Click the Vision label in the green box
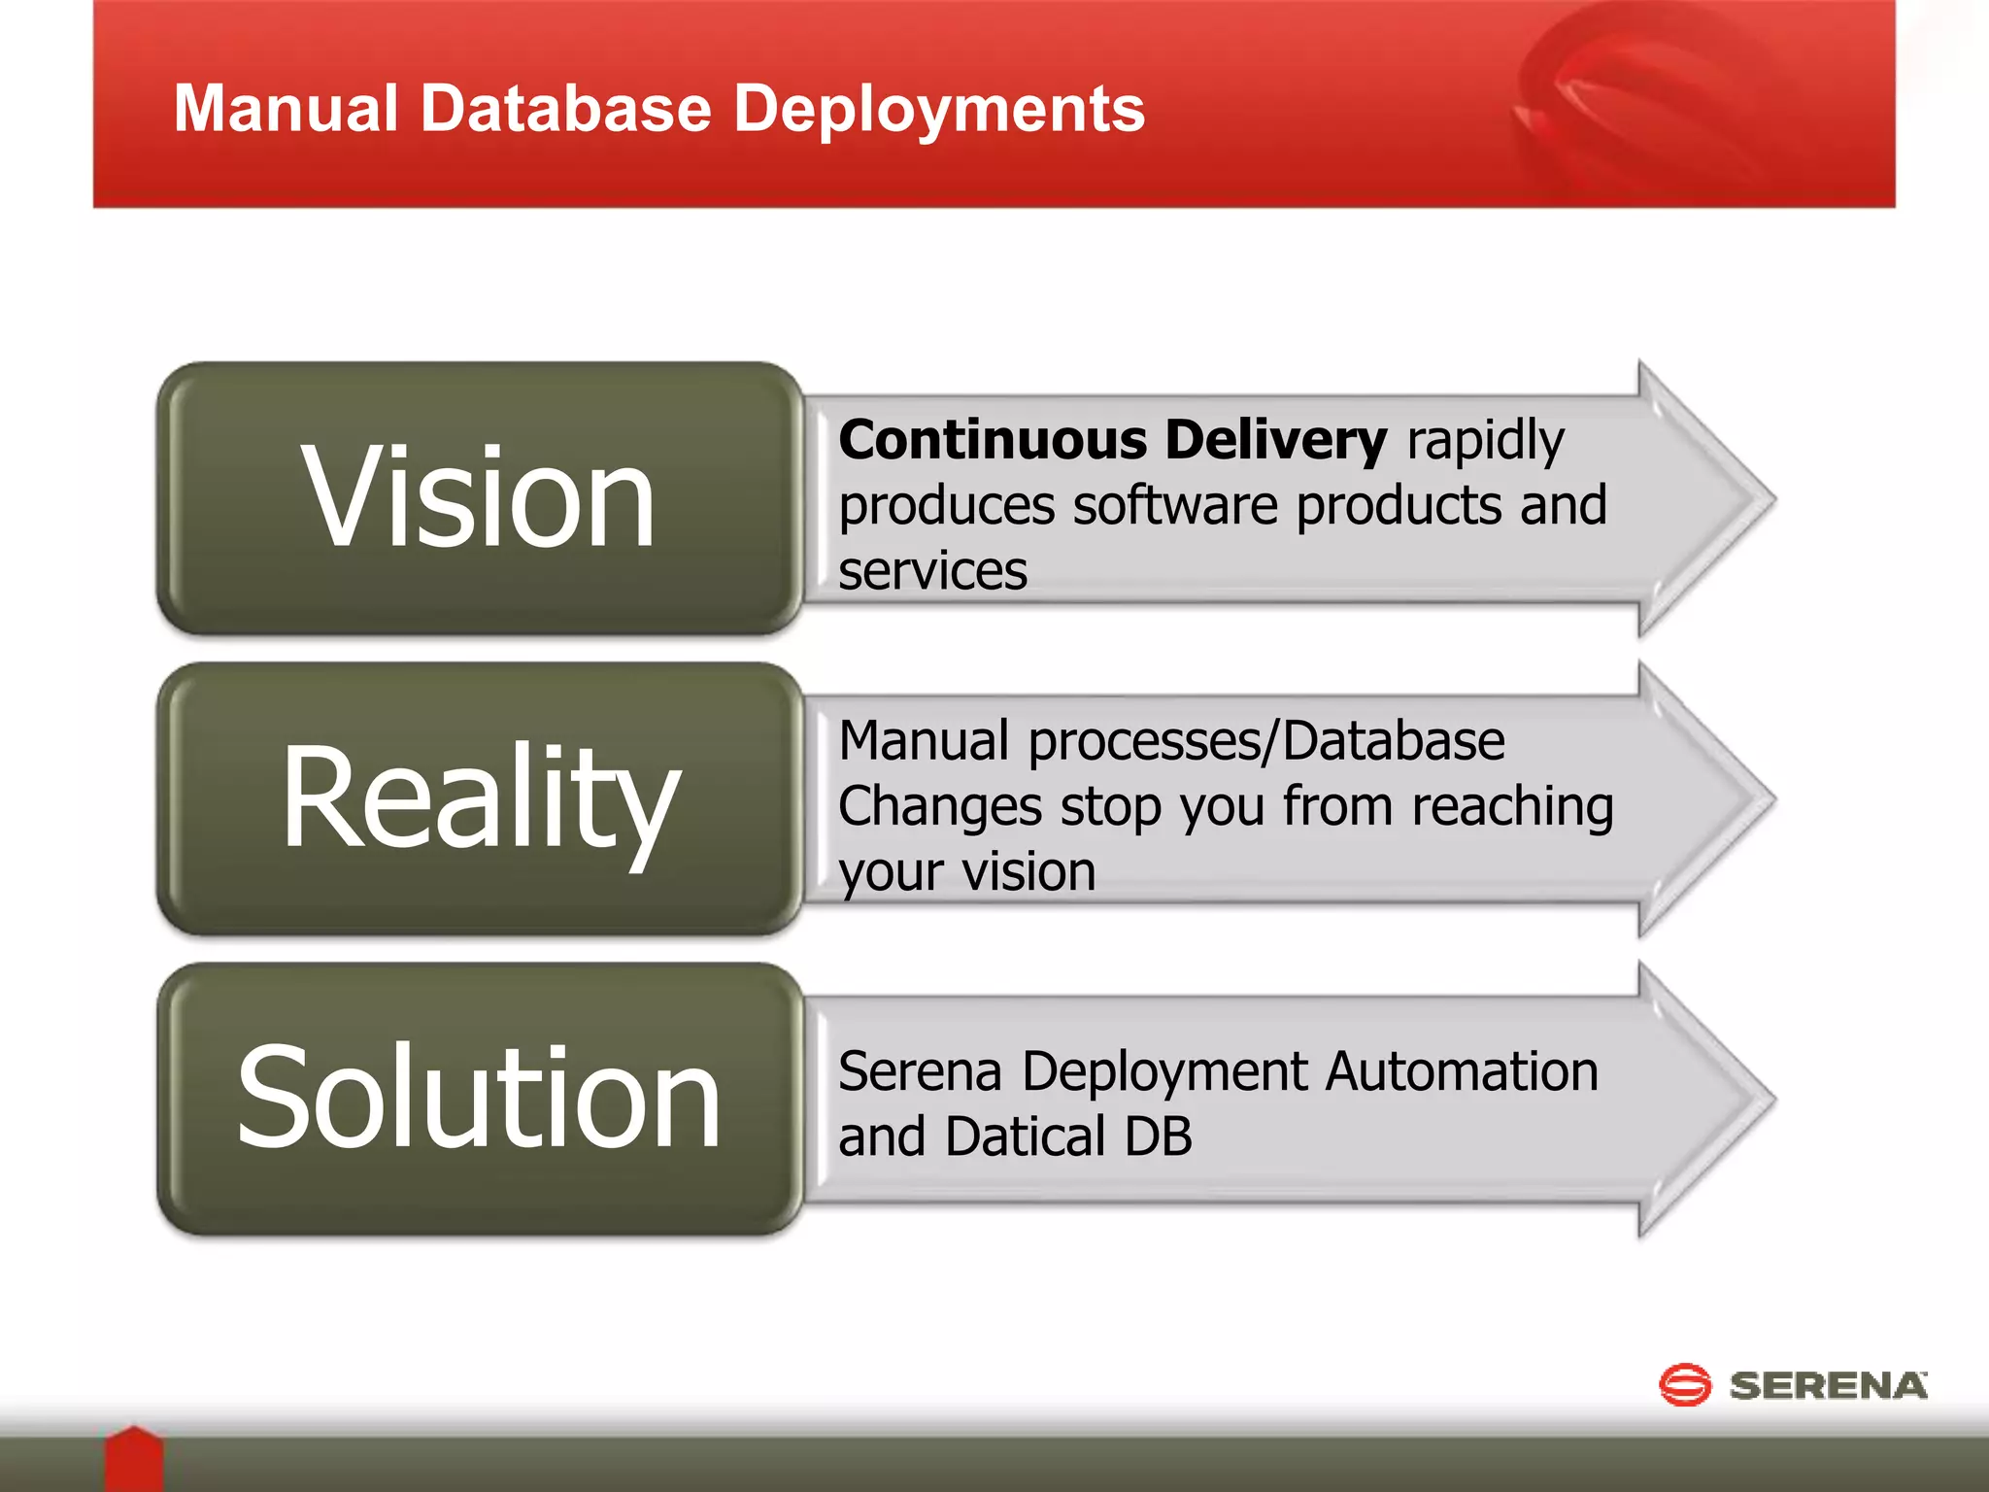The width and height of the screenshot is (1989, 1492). pos(478,497)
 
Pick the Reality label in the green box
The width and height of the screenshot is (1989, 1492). pos(480,798)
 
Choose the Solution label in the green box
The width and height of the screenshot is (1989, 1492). pos(478,1098)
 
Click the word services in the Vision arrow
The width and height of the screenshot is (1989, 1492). pos(932,571)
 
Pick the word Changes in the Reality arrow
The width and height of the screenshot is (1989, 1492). pos(939,807)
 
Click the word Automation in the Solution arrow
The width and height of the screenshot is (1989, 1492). pos(1462,1072)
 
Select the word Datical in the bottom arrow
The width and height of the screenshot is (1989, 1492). pos(1025,1137)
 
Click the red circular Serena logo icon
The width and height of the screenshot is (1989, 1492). pos(1684,1384)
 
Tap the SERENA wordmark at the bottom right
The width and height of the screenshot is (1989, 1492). pos(1828,1386)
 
